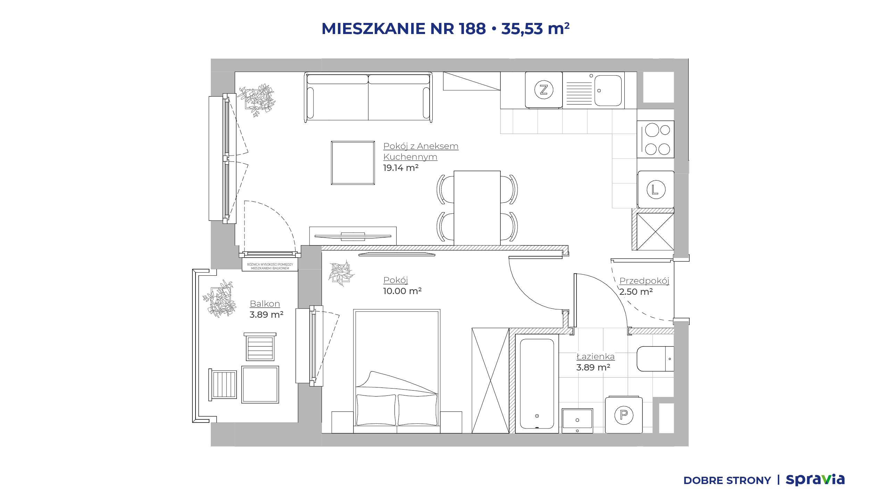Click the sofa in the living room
[368, 97]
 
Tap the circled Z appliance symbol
[543, 90]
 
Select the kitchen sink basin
[608, 91]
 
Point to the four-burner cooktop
[655, 139]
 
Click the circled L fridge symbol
[656, 190]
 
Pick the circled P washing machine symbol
[624, 415]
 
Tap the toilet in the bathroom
[655, 359]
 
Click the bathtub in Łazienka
[537, 384]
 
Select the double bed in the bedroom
[397, 371]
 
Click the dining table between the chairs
[477, 208]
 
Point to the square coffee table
[353, 163]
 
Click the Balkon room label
[265, 304]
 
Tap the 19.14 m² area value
[401, 168]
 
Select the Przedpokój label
[644, 281]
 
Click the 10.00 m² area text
[402, 291]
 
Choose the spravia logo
[815, 480]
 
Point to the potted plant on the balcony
[220, 299]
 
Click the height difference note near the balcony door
[270, 266]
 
